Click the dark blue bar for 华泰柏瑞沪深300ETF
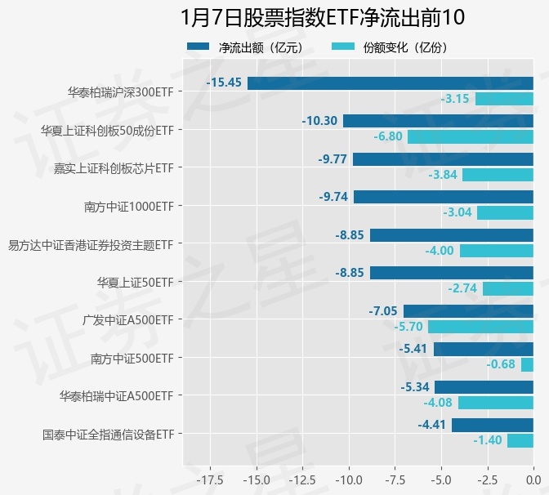click(390, 83)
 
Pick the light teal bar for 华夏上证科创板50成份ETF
click(470, 136)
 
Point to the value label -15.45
click(225, 83)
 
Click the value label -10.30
click(319, 121)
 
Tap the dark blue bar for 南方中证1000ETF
click(443, 197)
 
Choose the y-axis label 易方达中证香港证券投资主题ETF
click(91, 244)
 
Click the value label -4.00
click(440, 251)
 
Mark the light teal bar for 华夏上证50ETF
click(507, 288)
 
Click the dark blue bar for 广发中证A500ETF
click(468, 311)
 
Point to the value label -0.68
click(501, 364)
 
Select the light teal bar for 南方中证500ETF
click(527, 364)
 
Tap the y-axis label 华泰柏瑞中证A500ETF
click(116, 396)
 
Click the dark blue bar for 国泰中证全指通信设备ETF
click(492, 425)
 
